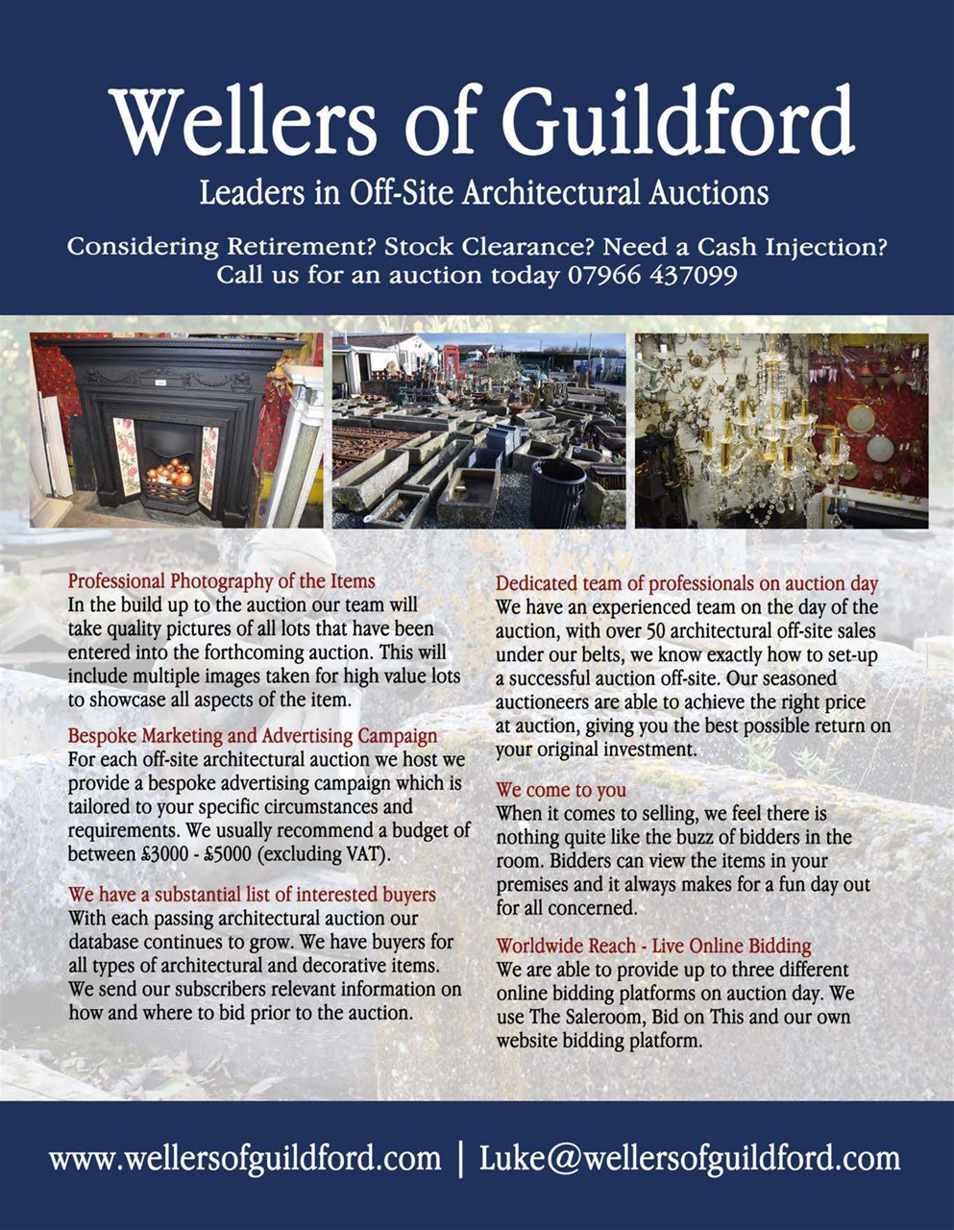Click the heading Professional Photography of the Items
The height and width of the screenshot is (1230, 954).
(221, 581)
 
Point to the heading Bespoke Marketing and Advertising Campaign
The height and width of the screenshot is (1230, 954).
(252, 736)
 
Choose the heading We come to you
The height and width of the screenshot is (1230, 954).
(561, 790)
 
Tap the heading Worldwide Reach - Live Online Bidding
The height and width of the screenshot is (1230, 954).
(653, 946)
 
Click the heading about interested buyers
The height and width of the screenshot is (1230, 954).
(252, 895)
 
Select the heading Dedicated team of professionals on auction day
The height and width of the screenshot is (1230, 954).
(687, 583)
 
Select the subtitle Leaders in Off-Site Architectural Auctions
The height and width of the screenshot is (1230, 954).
(483, 192)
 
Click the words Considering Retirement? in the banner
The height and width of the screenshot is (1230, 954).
(221, 247)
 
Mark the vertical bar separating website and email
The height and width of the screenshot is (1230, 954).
(461, 1158)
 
